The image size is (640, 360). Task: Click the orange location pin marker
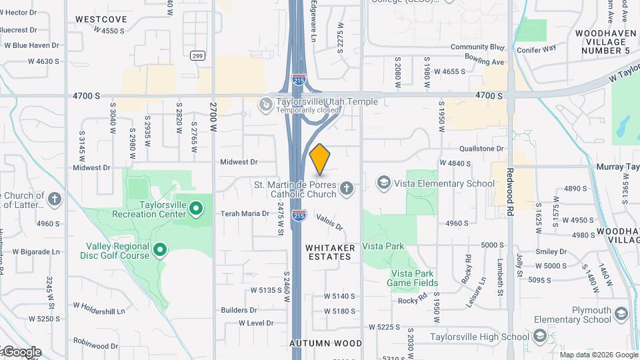(320, 159)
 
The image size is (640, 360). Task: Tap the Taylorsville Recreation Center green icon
(196, 209)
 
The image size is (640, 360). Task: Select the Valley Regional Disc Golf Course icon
(160, 251)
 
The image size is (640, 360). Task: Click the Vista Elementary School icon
(383, 183)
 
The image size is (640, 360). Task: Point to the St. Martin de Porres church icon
(345, 189)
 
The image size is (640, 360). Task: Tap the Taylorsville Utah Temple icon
(265, 105)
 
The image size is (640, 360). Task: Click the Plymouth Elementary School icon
(621, 314)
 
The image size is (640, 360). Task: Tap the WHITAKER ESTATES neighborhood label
(328, 252)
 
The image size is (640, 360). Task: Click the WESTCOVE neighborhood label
(101, 19)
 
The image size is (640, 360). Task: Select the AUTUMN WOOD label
(326, 343)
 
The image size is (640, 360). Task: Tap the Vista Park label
(383, 246)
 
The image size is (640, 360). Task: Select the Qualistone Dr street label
(481, 149)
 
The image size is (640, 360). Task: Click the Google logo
(21, 351)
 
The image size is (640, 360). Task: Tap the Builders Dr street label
(239, 310)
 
